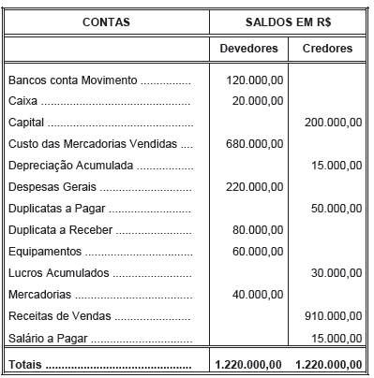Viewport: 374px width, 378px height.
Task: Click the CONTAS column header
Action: pos(106,20)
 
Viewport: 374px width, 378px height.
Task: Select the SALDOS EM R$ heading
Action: pos(290,20)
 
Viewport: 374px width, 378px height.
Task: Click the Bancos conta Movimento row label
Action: pos(72,80)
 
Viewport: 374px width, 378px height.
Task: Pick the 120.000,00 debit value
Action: pos(255,80)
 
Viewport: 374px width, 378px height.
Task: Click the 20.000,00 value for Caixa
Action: pos(258,102)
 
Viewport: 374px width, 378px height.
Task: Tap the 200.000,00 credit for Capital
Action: pos(333,123)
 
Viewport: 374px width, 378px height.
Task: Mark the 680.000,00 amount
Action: pos(255,144)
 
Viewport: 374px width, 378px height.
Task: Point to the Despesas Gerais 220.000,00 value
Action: pos(255,187)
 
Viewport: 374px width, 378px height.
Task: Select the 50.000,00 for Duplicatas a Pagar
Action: pos(336,209)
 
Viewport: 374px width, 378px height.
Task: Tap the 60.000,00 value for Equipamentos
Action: pos(258,252)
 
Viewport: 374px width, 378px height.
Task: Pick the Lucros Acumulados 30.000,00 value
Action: pos(336,273)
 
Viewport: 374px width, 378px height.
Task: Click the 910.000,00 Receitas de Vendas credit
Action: pos(333,316)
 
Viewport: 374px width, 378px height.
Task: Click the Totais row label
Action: pos(25,364)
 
